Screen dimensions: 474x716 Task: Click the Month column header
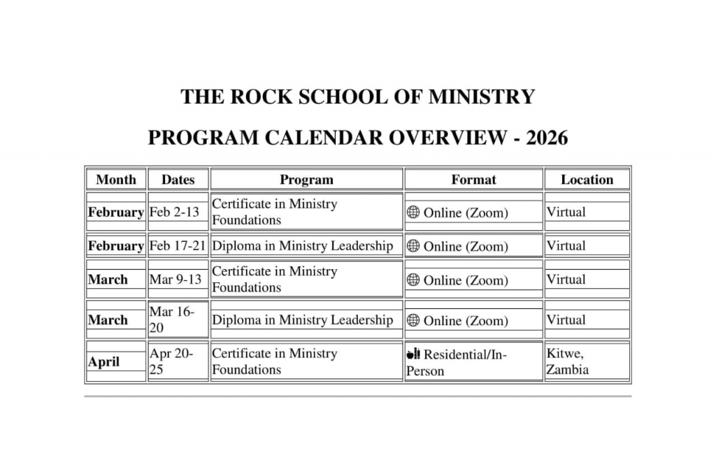[x=116, y=180]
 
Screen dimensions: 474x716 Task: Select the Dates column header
[x=178, y=180]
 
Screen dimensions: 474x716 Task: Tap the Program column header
[x=306, y=180]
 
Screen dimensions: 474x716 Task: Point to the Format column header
[x=473, y=180]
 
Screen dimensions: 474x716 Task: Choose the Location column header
[x=587, y=180]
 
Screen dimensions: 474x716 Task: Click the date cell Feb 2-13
[x=174, y=212]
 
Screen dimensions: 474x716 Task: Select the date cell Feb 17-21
[x=178, y=246]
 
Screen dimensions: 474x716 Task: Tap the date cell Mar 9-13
[x=176, y=280]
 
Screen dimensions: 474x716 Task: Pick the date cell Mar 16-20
[x=172, y=319]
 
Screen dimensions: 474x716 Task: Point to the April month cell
[x=103, y=362]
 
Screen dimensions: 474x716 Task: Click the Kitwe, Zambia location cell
[x=567, y=361]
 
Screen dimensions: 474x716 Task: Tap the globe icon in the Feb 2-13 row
[x=413, y=213]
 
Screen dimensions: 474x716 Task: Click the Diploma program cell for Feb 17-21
[x=303, y=246]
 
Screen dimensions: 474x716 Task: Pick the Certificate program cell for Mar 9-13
[x=275, y=279]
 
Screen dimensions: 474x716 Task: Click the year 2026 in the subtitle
[x=547, y=138]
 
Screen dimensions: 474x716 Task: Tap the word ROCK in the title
[x=261, y=96]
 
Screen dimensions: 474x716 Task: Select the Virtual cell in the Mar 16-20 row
[x=566, y=319]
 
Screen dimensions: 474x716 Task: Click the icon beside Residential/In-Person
[x=413, y=354]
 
